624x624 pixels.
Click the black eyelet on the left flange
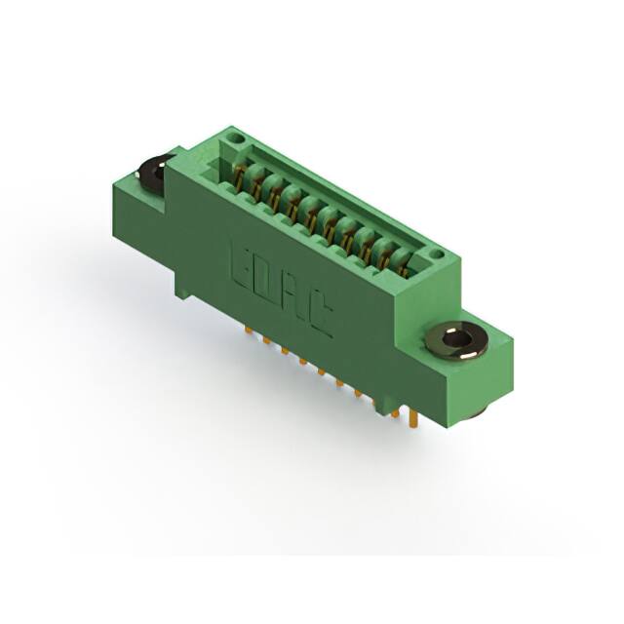pos(154,174)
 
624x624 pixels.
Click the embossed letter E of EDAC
pos(241,258)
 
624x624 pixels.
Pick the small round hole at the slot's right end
pos(438,254)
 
